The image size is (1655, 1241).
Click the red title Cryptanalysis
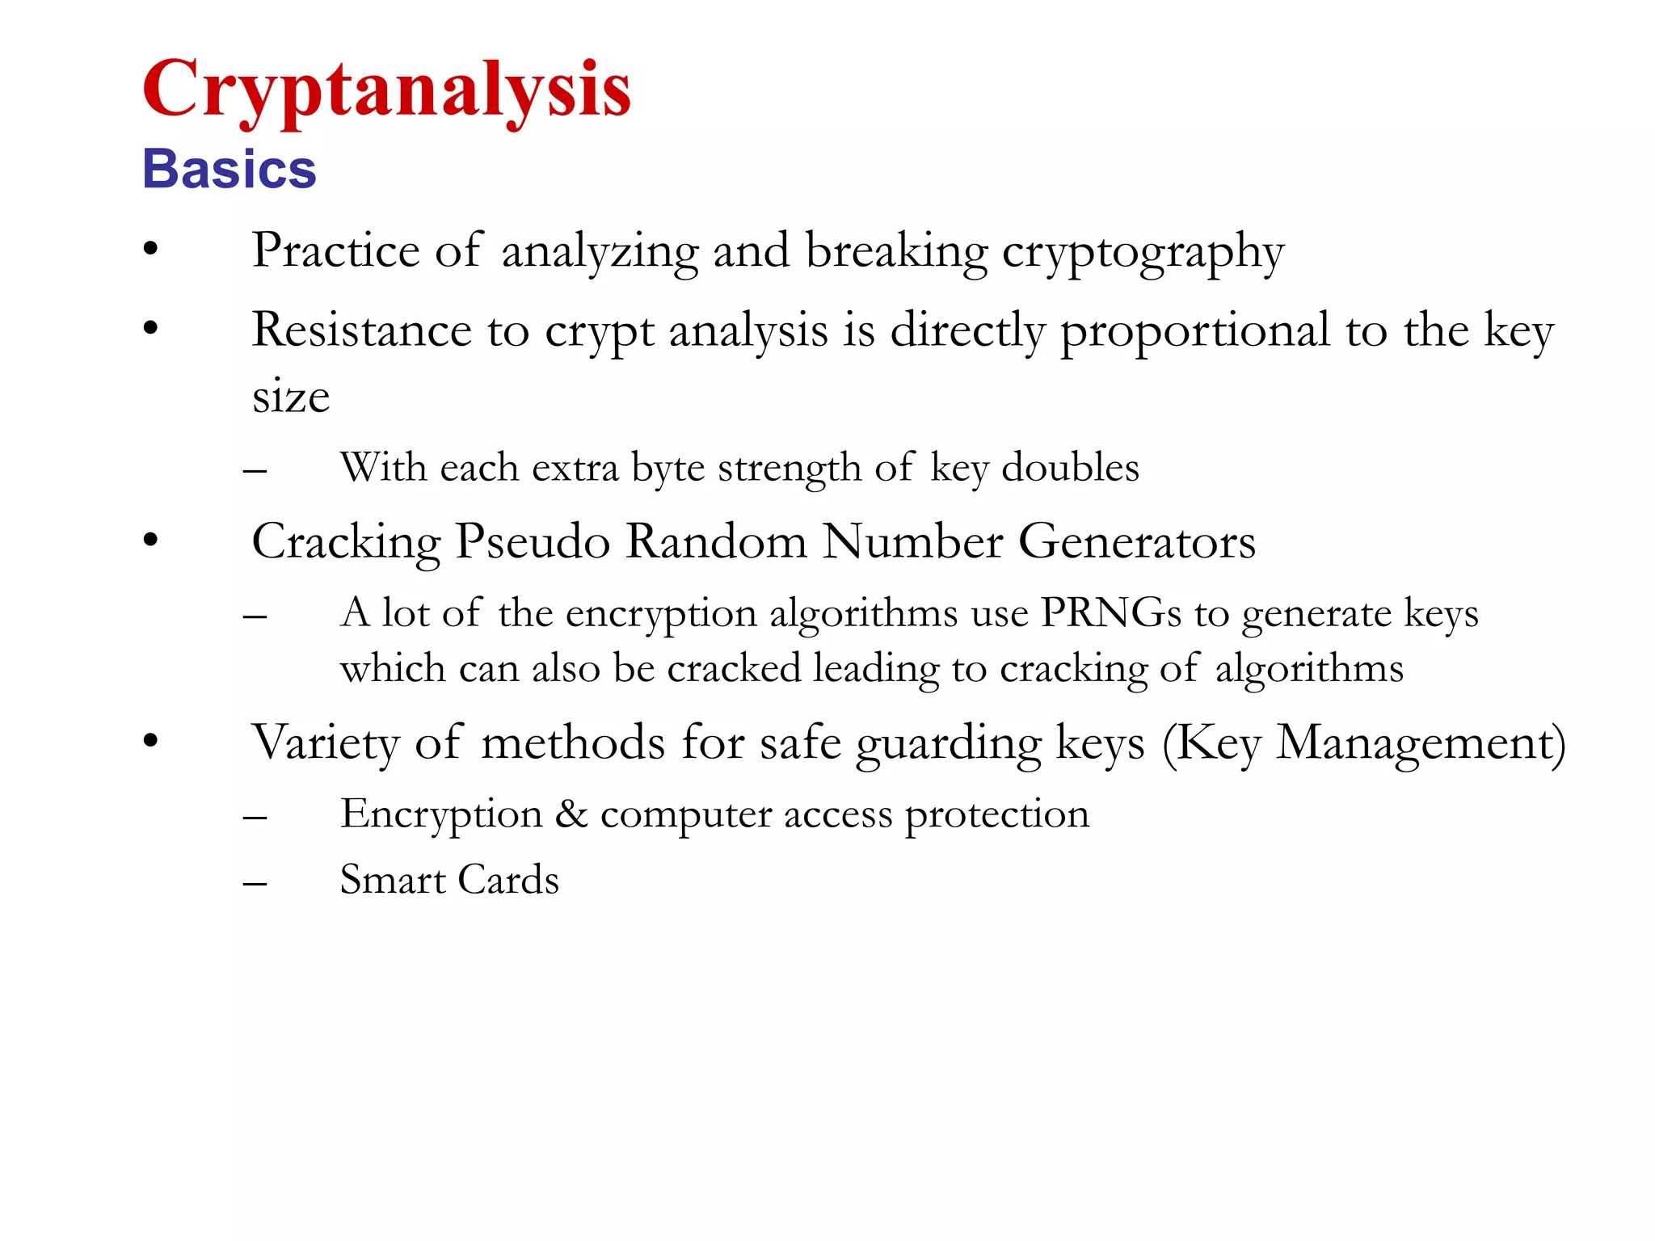click(386, 90)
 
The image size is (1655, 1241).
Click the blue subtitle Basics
click(230, 170)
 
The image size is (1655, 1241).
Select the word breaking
click(897, 251)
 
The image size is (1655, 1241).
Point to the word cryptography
click(1143, 253)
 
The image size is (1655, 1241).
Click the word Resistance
click(361, 330)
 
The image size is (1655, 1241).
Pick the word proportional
click(1195, 331)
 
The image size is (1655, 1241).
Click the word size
click(291, 397)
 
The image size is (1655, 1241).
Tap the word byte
click(667, 469)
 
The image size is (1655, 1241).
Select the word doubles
click(1070, 467)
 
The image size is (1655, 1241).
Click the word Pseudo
click(533, 541)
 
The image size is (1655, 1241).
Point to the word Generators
click(1137, 541)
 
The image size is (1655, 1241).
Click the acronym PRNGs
click(1111, 612)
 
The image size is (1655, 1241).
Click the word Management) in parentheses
click(1421, 742)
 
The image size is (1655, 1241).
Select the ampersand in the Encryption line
click(571, 814)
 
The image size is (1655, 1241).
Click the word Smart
click(393, 879)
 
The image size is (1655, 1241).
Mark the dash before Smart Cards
click(255, 884)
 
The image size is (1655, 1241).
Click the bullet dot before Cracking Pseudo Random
click(151, 541)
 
